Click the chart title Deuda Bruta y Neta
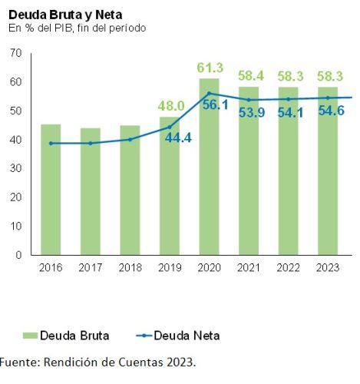(64, 15)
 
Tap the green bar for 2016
(51, 192)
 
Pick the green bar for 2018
(130, 192)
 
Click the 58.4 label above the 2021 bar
(249, 77)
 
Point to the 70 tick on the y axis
(16, 53)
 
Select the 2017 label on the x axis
(91, 267)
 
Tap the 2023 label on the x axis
(328, 267)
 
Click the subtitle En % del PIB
(77, 28)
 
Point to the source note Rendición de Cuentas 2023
(97, 362)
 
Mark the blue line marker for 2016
(51, 144)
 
